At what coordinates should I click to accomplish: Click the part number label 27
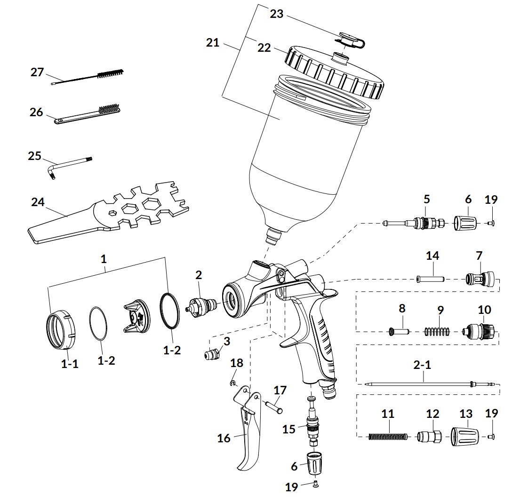point(37,72)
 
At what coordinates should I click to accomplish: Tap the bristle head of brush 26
point(109,109)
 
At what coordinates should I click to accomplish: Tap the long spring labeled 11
point(386,437)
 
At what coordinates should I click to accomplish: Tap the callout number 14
point(432,256)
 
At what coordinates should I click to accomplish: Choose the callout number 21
point(213,42)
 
